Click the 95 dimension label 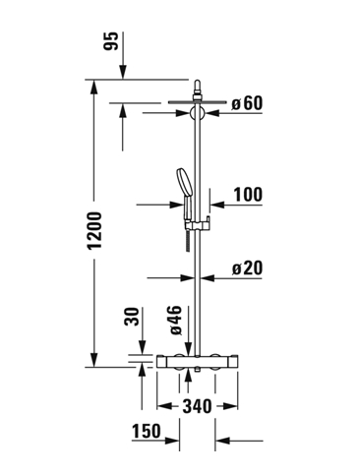coord(110,41)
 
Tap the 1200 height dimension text coord(95,230)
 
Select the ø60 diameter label coord(247,103)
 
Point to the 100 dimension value coord(248,195)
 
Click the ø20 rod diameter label coord(248,268)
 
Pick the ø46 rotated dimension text coord(175,321)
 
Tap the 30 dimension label coord(132,316)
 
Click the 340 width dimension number coord(197,406)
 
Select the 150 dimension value coord(147,431)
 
